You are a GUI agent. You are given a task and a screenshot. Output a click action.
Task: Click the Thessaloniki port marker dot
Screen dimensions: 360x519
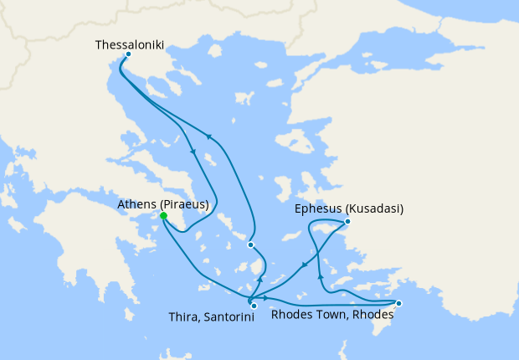point(127,55)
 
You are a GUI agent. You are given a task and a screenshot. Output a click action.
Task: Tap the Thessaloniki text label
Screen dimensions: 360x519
point(130,42)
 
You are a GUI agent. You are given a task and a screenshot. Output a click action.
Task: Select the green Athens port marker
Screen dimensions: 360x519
point(163,216)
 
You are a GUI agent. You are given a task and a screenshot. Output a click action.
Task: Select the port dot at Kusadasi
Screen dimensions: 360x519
point(347,222)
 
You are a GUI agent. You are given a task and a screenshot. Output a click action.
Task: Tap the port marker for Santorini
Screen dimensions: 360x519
point(254,306)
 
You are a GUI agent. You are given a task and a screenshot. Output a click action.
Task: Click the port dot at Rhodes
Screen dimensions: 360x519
point(398,303)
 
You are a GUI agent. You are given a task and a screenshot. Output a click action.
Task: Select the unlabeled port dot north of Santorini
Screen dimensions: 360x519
point(250,244)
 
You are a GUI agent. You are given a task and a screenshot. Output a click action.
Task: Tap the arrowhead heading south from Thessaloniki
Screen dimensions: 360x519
point(194,152)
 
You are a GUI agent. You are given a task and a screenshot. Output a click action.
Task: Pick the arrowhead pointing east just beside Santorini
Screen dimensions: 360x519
point(265,298)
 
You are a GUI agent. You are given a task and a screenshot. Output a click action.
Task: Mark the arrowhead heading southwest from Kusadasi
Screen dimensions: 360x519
point(303,265)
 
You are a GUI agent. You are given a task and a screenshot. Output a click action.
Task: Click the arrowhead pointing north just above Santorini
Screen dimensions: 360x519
point(259,279)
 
